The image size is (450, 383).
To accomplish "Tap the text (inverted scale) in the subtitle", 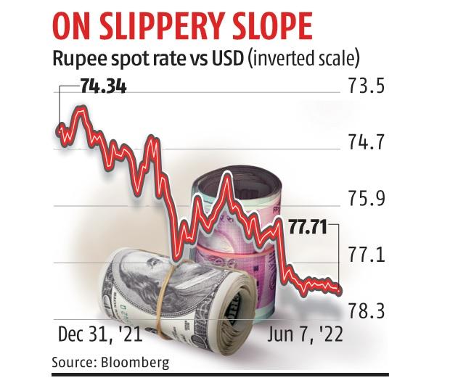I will coord(305,57).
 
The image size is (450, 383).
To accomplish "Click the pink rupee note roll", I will coord(240,210).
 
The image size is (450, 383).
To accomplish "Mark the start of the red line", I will coord(58,129).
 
